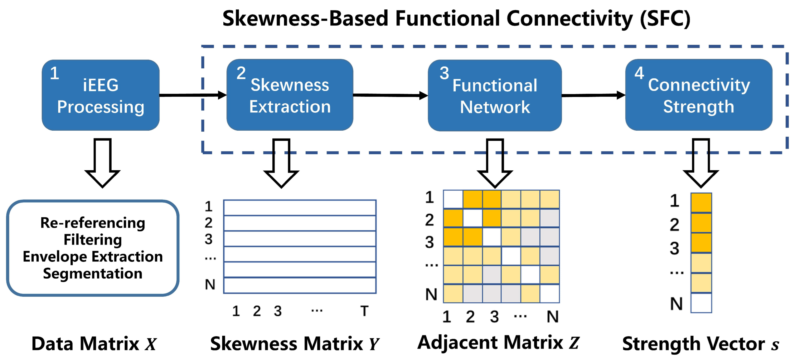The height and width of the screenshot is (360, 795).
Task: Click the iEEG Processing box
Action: point(101,95)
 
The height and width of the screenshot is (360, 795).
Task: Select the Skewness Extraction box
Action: point(290,95)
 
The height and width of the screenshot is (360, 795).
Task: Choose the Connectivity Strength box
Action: point(698,95)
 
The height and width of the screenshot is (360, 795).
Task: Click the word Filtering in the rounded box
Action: point(93,240)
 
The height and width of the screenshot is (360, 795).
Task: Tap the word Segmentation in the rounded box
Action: point(93,273)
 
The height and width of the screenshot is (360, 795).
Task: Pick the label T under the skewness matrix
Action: point(365,311)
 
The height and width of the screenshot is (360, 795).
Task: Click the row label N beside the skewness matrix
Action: point(210,284)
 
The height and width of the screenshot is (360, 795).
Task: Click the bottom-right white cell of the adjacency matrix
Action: point(549,293)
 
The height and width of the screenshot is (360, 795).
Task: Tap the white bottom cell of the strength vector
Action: point(701,303)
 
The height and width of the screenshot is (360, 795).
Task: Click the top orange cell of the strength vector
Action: point(701,202)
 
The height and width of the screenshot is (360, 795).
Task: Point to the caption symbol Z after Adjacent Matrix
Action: point(574,343)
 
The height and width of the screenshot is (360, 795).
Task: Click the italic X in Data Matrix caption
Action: point(151,344)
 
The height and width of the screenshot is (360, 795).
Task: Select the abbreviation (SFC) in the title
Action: point(665,19)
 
